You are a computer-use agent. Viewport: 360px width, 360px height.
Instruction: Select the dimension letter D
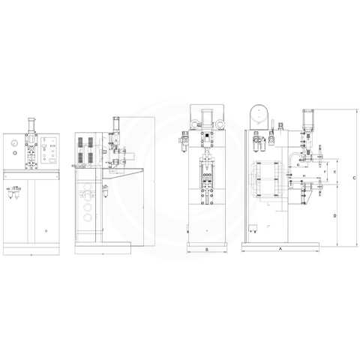coord(334,215)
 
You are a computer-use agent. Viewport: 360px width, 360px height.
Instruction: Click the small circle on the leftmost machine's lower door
coord(46,231)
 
